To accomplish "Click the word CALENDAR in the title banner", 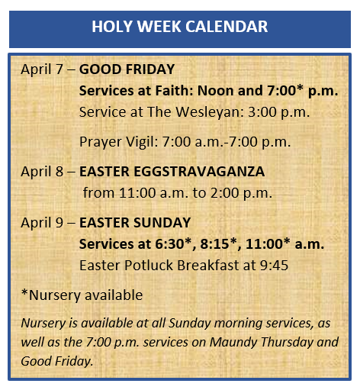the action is tap(227, 26).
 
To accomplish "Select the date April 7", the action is tap(42, 69).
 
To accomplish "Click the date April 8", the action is tap(42, 172).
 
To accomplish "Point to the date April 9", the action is tap(42, 223).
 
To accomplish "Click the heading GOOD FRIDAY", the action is tap(127, 69).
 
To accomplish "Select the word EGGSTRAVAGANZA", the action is tap(199, 172).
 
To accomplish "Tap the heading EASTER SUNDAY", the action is tap(135, 223).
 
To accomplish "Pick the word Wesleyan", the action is tap(210, 112).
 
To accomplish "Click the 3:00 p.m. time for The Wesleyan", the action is tap(278, 112).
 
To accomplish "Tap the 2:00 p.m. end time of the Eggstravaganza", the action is tap(241, 193).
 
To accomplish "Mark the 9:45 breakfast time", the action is tap(274, 266).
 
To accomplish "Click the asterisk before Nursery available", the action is tap(24, 292).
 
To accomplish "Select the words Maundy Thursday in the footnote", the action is tap(262, 342).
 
